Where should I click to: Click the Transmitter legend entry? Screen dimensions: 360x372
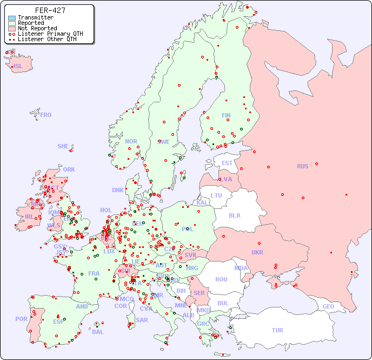point(35,17)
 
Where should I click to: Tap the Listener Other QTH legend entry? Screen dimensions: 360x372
point(48,39)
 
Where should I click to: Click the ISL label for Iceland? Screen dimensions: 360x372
point(18,67)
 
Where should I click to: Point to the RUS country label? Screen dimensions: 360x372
point(302,166)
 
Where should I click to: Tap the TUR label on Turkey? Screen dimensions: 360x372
point(277,330)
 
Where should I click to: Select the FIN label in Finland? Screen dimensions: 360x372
point(226,115)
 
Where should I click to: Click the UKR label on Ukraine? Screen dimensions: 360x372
point(257,252)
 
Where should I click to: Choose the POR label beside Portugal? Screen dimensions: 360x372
point(21,319)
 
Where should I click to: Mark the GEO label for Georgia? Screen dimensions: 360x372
point(328,306)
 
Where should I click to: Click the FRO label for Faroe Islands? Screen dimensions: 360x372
point(46,115)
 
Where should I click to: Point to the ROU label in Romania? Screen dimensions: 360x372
point(221,279)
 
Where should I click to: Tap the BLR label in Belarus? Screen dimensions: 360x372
point(234,215)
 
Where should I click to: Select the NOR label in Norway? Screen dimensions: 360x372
point(131,141)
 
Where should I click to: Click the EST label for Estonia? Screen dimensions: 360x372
point(227,163)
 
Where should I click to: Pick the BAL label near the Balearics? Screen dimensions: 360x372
point(97,332)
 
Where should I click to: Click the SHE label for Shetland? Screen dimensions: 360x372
point(63,146)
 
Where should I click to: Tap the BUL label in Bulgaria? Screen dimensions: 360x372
point(223,303)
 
